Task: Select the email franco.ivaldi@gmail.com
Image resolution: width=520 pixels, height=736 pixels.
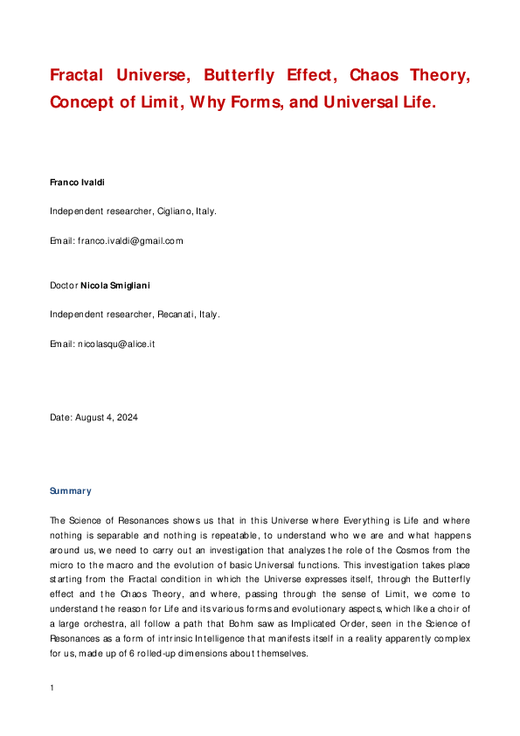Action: coord(130,240)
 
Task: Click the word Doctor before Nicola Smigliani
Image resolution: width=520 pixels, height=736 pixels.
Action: coord(64,285)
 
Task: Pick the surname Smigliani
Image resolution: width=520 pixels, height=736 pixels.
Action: coord(129,285)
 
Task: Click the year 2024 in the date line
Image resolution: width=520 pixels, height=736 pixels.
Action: coord(126,417)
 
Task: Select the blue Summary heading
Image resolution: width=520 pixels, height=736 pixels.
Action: coord(71,491)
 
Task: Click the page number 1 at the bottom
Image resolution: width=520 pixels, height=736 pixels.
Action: coord(52,688)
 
